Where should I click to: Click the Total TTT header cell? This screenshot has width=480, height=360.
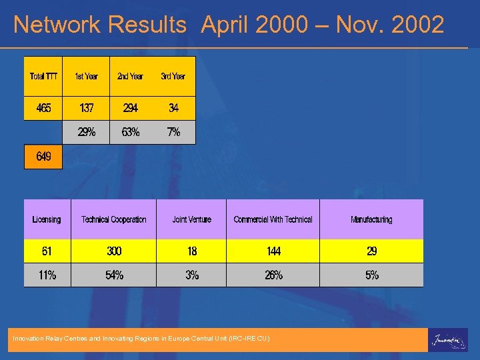43,76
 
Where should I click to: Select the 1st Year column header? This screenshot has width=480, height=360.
86,76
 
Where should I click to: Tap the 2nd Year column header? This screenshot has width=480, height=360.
130,76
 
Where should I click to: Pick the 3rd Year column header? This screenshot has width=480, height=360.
173,76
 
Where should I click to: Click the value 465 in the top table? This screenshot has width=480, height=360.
43,108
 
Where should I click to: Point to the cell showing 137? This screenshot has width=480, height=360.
86,108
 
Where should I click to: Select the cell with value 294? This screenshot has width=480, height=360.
130,108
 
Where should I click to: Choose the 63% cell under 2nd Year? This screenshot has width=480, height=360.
130,132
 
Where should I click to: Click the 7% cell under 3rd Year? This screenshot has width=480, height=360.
173,132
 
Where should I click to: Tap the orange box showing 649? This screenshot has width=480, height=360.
43,157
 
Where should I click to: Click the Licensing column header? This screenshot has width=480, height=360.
47,219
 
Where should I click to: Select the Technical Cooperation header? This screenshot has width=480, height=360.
113,219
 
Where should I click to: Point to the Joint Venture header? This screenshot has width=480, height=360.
191,219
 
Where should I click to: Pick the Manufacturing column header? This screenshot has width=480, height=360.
371,219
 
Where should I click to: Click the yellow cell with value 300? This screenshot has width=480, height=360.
114,251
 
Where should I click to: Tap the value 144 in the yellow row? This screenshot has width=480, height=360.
273,251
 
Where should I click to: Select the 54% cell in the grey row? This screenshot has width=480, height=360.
114,275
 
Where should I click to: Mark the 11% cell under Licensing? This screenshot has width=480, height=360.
47,275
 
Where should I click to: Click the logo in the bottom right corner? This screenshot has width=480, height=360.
447,339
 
